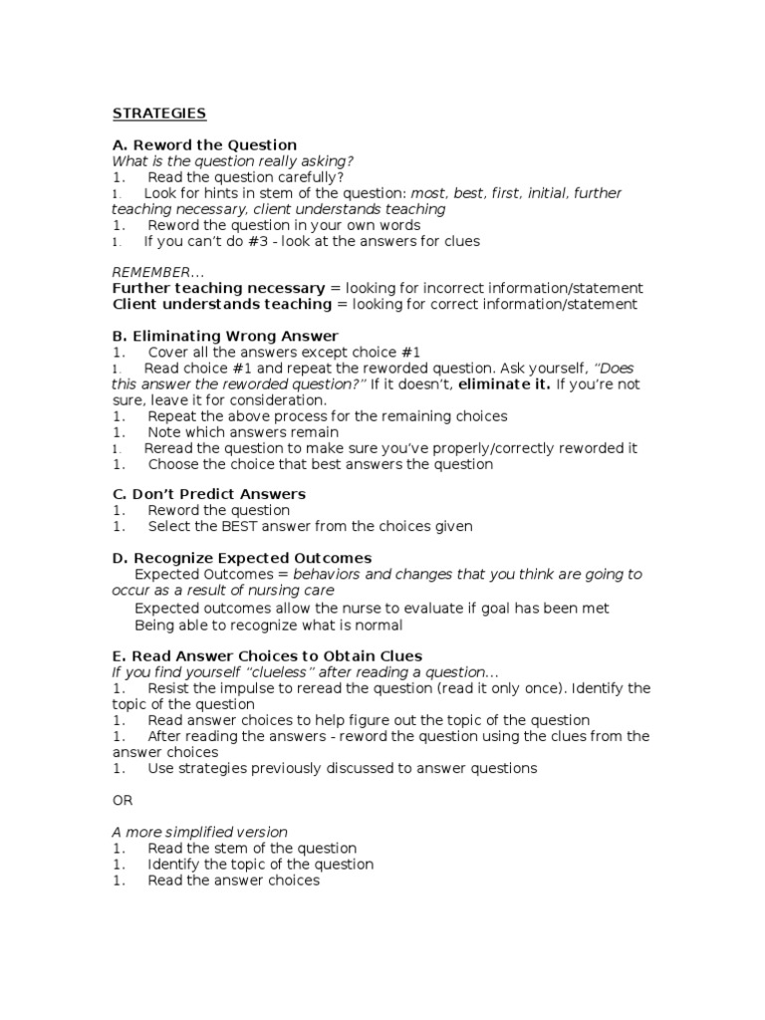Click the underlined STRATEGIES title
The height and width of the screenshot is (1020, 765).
pyautogui.click(x=159, y=114)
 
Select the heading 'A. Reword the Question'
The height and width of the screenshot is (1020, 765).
pyautogui.click(x=204, y=145)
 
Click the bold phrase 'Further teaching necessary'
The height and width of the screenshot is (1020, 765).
pyautogui.click(x=219, y=288)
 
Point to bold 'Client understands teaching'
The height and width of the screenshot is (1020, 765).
pyautogui.click(x=222, y=304)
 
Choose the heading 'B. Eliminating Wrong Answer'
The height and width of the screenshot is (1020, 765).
pyautogui.click(x=225, y=336)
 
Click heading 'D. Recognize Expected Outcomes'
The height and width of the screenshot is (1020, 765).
pyautogui.click(x=242, y=558)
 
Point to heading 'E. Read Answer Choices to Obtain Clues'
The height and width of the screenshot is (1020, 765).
pyautogui.click(x=267, y=655)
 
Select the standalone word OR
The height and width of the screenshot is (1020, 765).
pyautogui.click(x=122, y=800)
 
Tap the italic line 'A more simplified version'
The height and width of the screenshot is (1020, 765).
pyautogui.click(x=199, y=832)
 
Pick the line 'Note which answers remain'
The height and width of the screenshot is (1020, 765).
pyautogui.click(x=243, y=432)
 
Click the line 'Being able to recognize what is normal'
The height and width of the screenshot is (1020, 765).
pyautogui.click(x=268, y=625)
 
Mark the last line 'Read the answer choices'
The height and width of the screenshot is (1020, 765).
pyautogui.click(x=233, y=881)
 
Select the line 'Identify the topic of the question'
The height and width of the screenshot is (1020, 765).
pyautogui.click(x=260, y=865)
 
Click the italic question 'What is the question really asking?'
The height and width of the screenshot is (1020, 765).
pyautogui.click(x=233, y=161)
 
